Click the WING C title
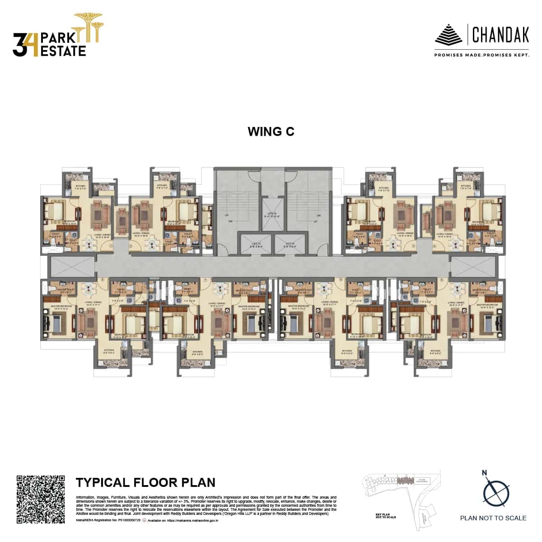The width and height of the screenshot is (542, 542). coord(271,131)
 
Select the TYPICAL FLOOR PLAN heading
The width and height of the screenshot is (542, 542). coord(145,482)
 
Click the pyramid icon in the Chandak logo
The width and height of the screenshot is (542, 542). coord(448,35)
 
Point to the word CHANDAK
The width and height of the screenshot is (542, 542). coord(500,34)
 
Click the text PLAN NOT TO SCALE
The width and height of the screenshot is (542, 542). coord(493,518)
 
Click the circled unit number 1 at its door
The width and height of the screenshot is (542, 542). coord(111,246)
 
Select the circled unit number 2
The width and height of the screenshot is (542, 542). coord(131,246)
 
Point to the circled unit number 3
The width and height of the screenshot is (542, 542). coord(413,246)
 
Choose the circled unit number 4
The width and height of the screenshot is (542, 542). coord(435,246)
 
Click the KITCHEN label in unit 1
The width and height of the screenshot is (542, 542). coord(80,187)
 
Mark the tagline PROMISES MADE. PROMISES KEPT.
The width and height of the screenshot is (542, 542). coord(481,55)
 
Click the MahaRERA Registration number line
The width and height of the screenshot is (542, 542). coord(108,520)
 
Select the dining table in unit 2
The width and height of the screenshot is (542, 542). coord(154,243)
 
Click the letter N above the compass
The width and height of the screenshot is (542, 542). coord(485,473)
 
